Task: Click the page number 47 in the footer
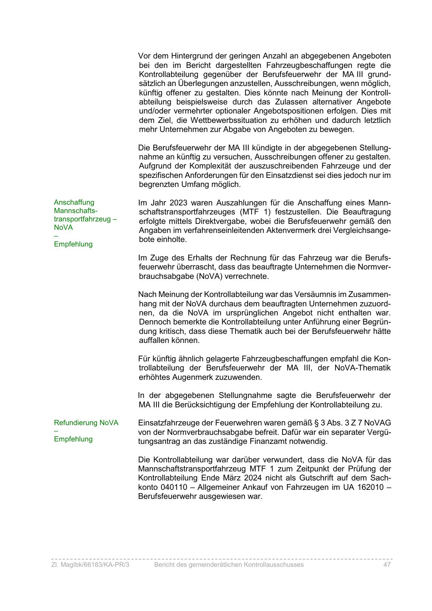coord(387,565)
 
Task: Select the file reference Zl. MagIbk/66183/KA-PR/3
coord(90,565)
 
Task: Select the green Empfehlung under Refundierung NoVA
coord(73,439)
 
